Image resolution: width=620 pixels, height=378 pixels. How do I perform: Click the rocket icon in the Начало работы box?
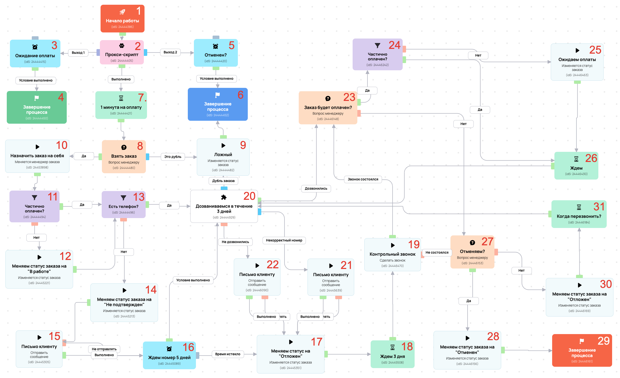click(122, 12)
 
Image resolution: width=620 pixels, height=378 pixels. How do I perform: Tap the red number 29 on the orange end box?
click(603, 341)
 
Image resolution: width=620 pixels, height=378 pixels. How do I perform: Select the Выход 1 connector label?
click(78, 52)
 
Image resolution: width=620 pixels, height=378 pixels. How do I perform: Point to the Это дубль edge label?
click(173, 157)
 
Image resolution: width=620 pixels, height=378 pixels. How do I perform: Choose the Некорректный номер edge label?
click(284, 240)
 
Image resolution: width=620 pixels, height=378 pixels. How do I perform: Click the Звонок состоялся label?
click(363, 179)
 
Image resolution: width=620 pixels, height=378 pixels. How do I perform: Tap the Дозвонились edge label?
click(316, 188)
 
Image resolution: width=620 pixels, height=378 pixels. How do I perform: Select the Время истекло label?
click(227, 354)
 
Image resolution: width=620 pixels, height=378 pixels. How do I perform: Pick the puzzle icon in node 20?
click(224, 197)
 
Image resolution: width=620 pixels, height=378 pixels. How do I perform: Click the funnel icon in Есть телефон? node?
click(123, 198)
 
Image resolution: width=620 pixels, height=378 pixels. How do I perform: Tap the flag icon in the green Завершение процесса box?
click(37, 98)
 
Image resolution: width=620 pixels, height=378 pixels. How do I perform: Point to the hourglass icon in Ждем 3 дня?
click(392, 347)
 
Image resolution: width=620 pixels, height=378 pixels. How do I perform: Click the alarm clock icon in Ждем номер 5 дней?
click(169, 349)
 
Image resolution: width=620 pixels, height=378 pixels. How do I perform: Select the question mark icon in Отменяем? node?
click(472, 243)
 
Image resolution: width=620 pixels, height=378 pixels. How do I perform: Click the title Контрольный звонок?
click(392, 254)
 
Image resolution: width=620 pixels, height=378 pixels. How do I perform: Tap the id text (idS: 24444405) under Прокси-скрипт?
click(122, 61)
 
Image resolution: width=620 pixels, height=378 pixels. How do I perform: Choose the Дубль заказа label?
click(223, 181)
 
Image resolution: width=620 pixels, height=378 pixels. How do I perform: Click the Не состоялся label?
click(437, 253)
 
